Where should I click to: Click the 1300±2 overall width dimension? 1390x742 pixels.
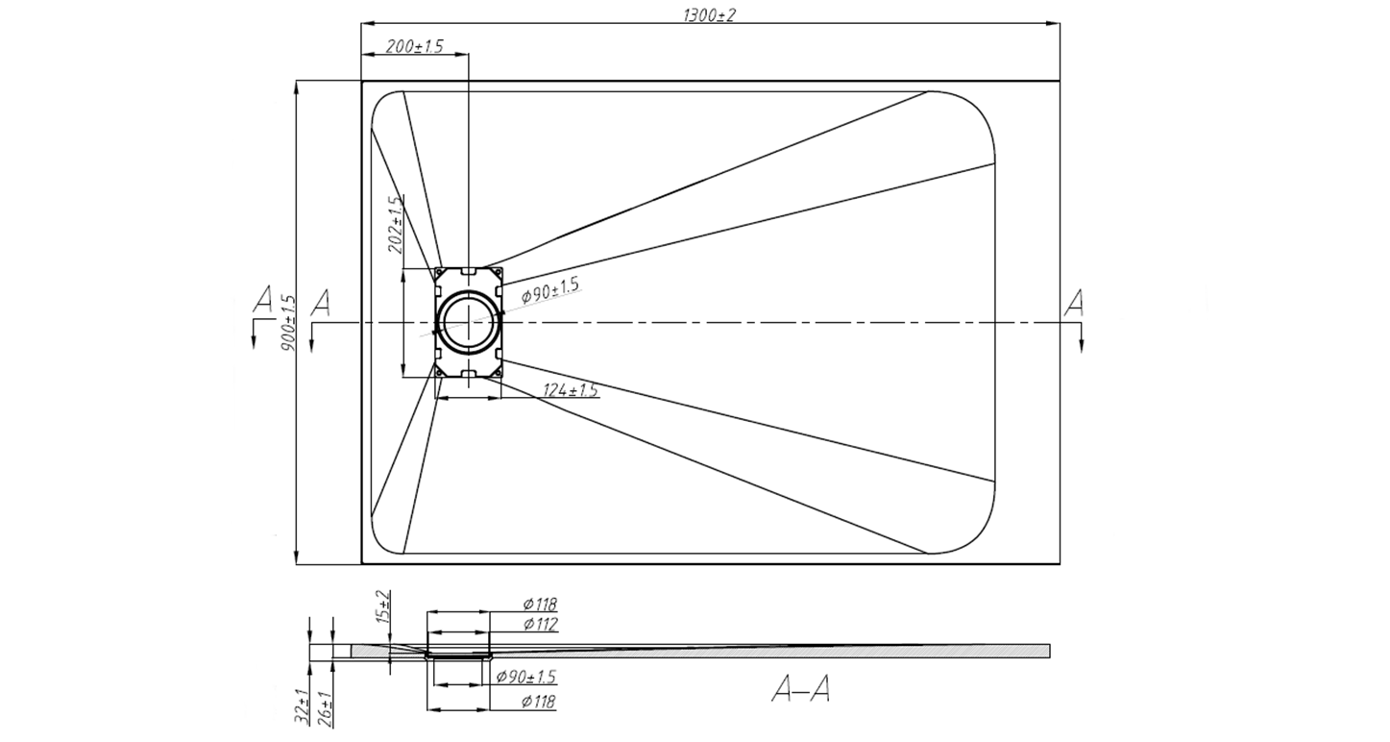point(709,15)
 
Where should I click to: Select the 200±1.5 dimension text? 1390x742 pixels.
point(415,46)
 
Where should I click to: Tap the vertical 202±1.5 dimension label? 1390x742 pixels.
point(395,226)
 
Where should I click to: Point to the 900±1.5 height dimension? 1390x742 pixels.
point(289,323)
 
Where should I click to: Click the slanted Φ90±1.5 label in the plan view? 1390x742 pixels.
point(549,290)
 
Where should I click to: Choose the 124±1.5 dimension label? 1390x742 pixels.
point(571,390)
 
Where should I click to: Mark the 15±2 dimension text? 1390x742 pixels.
point(383,606)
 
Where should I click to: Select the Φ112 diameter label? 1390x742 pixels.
point(541,624)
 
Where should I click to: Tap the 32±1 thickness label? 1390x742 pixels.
point(303,706)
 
